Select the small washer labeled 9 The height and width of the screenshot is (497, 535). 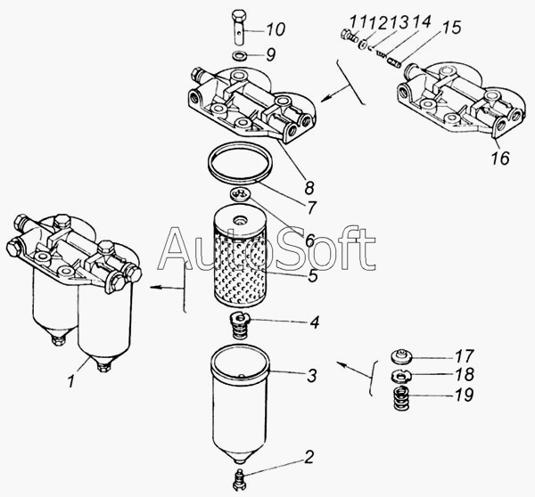click(x=238, y=55)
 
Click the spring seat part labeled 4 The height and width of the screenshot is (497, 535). click(x=240, y=325)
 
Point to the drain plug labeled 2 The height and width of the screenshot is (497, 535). click(x=240, y=479)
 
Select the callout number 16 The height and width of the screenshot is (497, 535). click(x=500, y=158)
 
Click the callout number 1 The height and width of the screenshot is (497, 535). click(x=71, y=380)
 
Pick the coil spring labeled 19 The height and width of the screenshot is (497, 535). click(x=400, y=398)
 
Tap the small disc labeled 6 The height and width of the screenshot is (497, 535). click(x=240, y=194)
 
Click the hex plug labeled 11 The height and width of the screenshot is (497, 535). click(x=349, y=35)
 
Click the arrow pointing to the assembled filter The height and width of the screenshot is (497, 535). click(x=167, y=288)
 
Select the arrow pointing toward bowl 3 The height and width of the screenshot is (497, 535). click(x=354, y=371)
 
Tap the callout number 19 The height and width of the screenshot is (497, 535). click(x=464, y=395)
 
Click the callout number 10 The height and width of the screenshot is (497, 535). click(x=276, y=29)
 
